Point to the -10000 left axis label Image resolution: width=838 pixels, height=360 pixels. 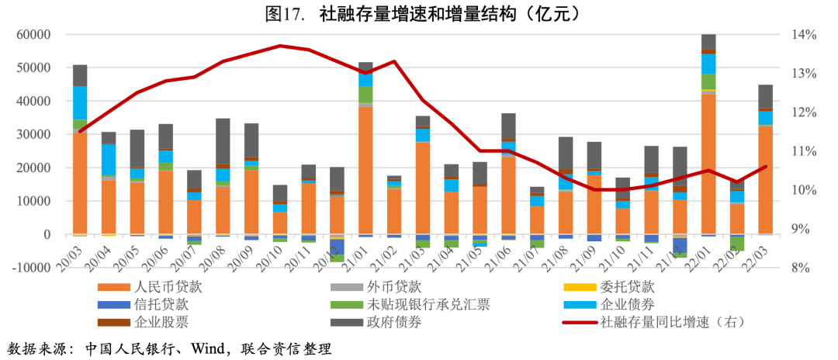pos(29,268)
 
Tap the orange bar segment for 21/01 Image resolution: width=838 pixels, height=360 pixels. pos(365,170)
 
